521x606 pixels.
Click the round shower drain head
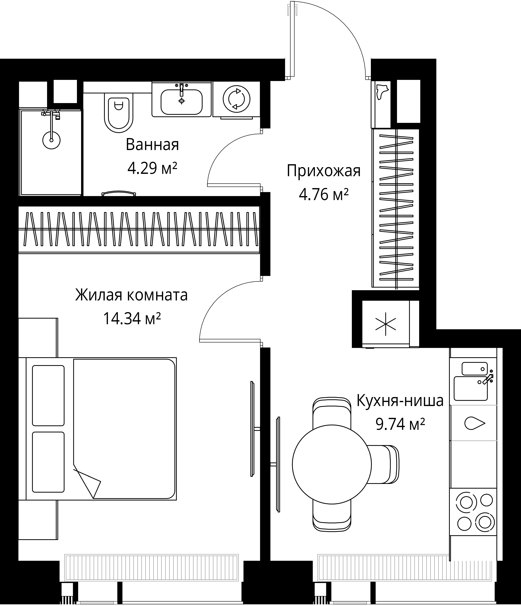pyautogui.click(x=51, y=140)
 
